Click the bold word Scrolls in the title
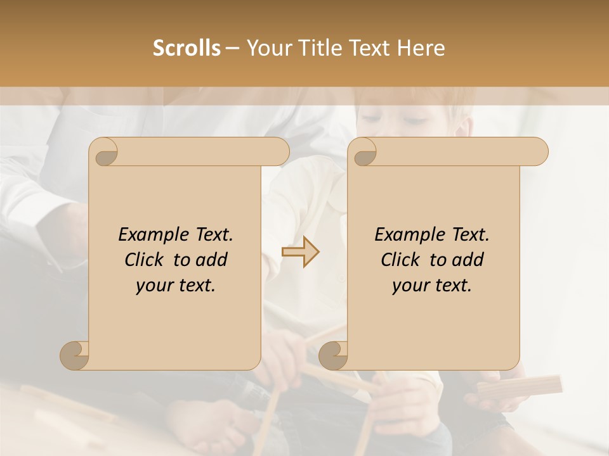tap(187, 47)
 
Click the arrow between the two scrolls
tap(301, 252)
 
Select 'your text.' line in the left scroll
tap(176, 286)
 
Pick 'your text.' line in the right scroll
tap(432, 286)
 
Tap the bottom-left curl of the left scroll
tap(74, 355)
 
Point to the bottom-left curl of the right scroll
tap(332, 355)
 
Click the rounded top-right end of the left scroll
tap(279, 151)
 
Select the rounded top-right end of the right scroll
tap(538, 151)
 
